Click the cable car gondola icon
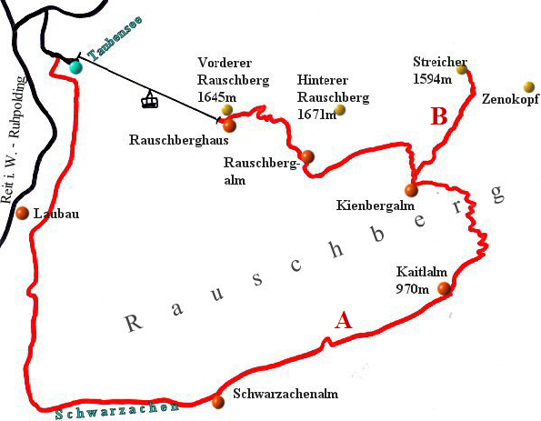150,99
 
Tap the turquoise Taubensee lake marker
75,66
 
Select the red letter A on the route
343,320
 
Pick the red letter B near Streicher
439,116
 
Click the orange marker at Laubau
23,214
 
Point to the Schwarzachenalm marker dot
217,402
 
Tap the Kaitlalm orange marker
444,289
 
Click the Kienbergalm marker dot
411,190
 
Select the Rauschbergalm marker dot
308,156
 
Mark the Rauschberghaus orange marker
228,125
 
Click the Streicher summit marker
462,69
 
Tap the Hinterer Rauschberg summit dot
341,110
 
